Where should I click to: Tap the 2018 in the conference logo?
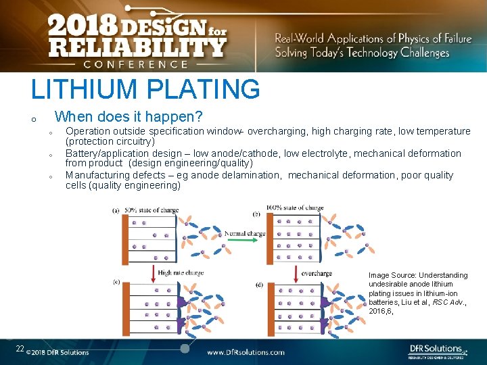[82, 26]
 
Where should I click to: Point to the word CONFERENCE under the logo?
[135, 64]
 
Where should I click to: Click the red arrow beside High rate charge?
[152, 273]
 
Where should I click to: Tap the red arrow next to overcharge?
[296, 273]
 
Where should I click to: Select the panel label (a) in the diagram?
[116, 210]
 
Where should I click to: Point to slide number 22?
[20, 349]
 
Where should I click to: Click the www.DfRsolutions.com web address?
[246, 352]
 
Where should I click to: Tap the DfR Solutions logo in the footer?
[436, 350]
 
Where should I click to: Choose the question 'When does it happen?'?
[129, 117]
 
